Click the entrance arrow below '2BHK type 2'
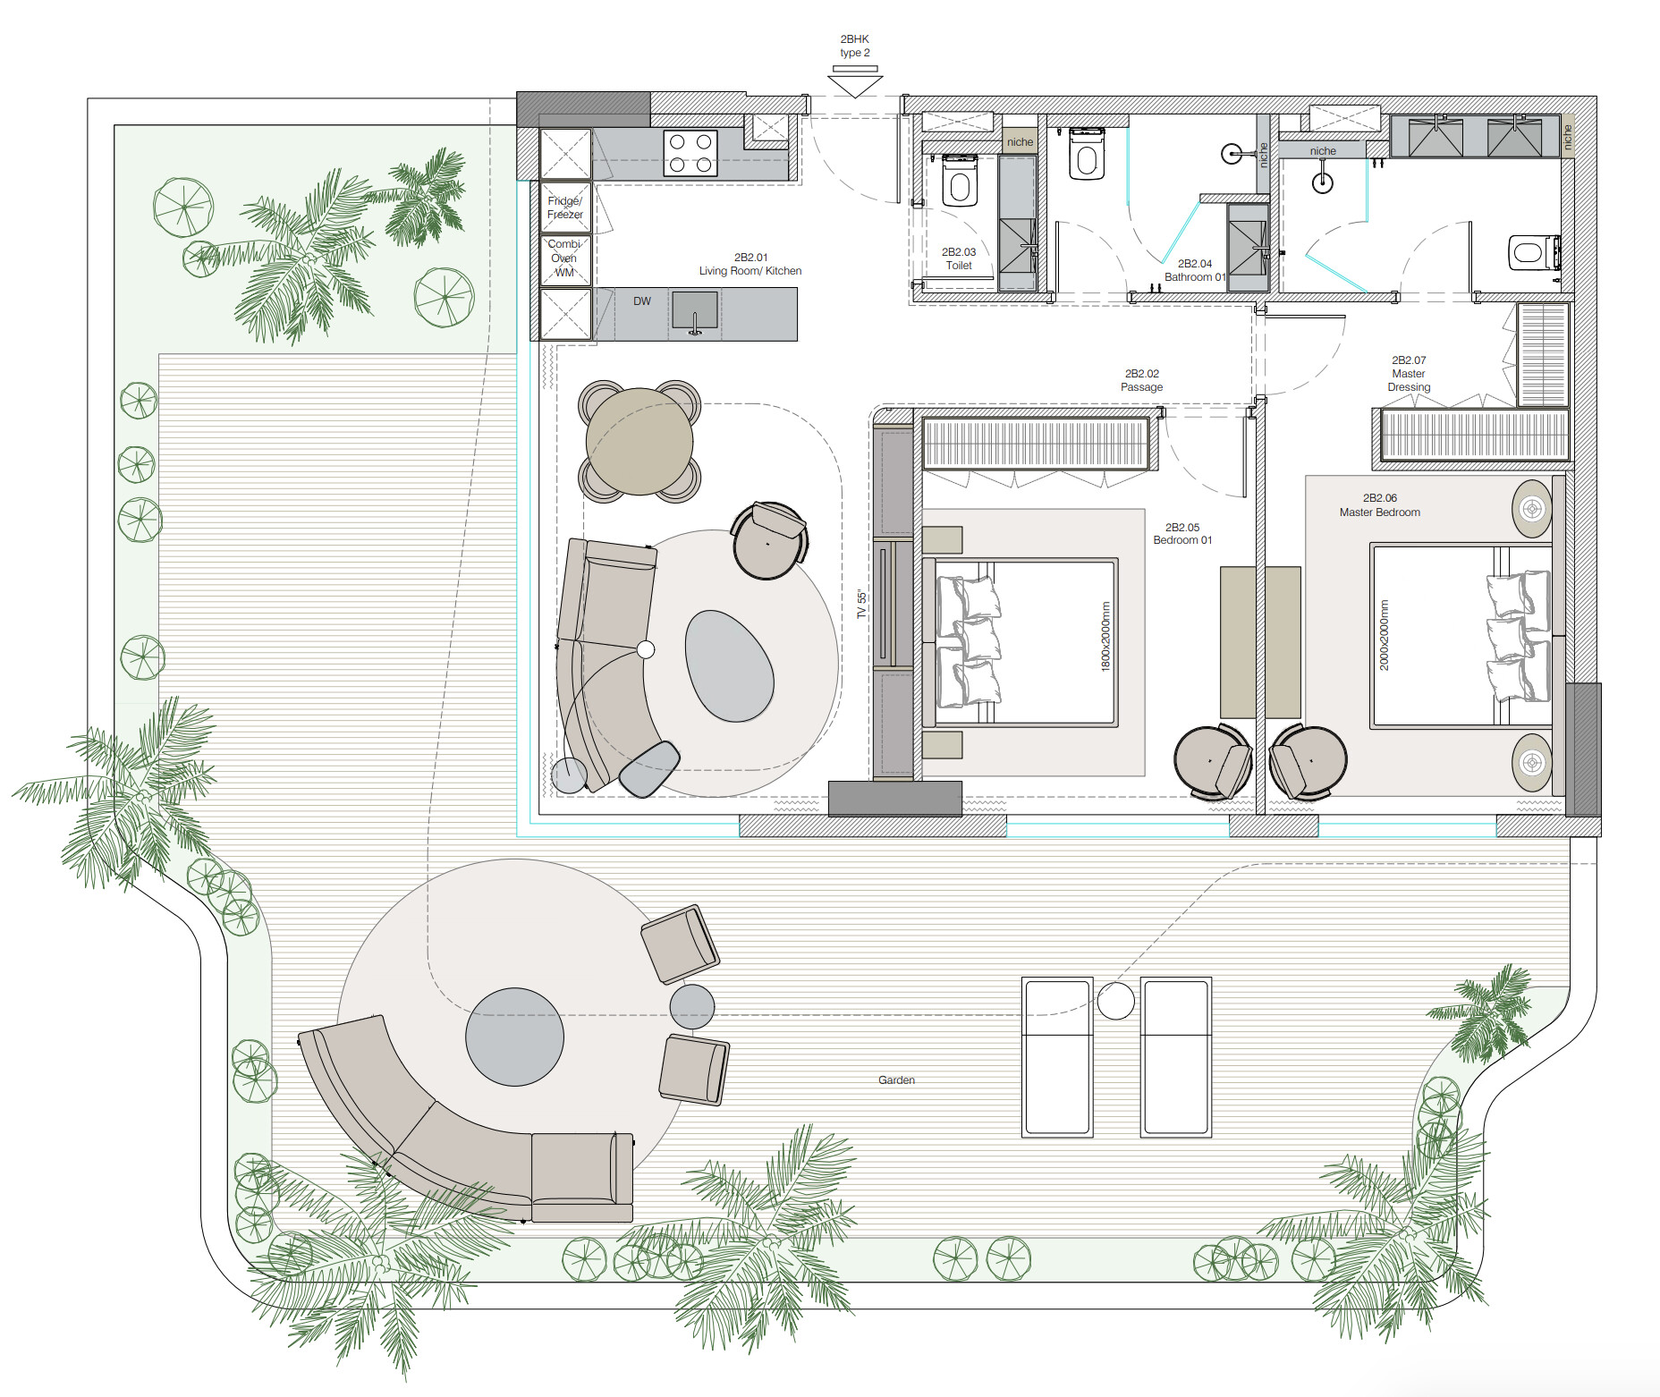(855, 82)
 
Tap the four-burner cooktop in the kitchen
(690, 153)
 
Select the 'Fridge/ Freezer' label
(565, 207)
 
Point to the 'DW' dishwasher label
(642, 301)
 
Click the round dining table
(639, 441)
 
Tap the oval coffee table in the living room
(730, 665)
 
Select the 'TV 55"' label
(861, 604)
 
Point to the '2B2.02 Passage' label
(1142, 380)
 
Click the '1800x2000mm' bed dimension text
(1105, 636)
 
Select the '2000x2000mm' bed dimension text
(1385, 635)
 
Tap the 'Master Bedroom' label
(1380, 512)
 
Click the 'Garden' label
(896, 1080)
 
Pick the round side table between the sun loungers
(1116, 1001)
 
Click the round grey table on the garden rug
(515, 1037)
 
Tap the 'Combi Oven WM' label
(564, 258)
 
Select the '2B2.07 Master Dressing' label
(1409, 374)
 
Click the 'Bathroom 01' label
(1195, 277)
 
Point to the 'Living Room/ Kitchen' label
(750, 271)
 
